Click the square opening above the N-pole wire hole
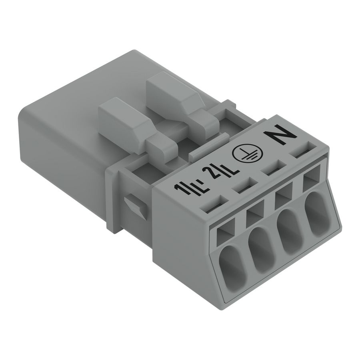tap(312, 182)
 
